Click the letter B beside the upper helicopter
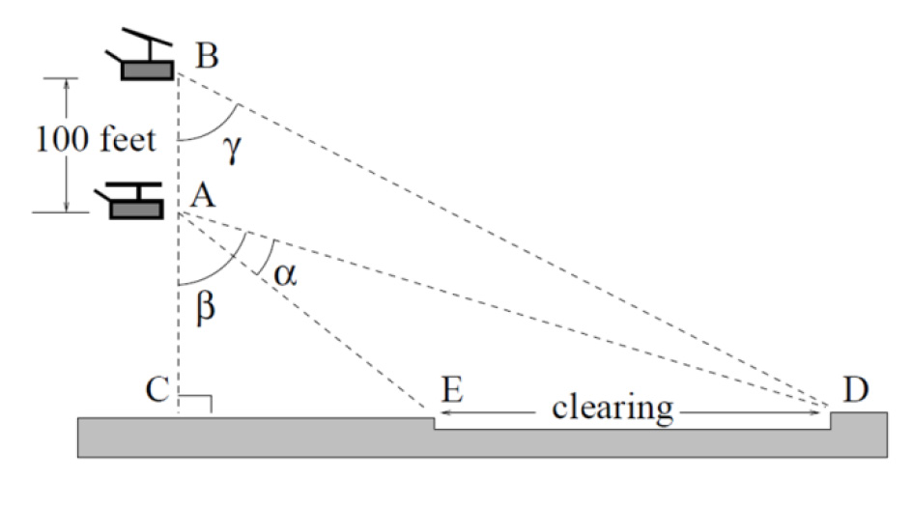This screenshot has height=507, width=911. [207, 55]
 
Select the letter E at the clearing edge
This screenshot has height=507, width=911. [449, 390]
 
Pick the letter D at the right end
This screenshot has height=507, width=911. [854, 389]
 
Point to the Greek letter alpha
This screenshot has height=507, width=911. [284, 275]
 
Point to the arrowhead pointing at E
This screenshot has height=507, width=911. [445, 413]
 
